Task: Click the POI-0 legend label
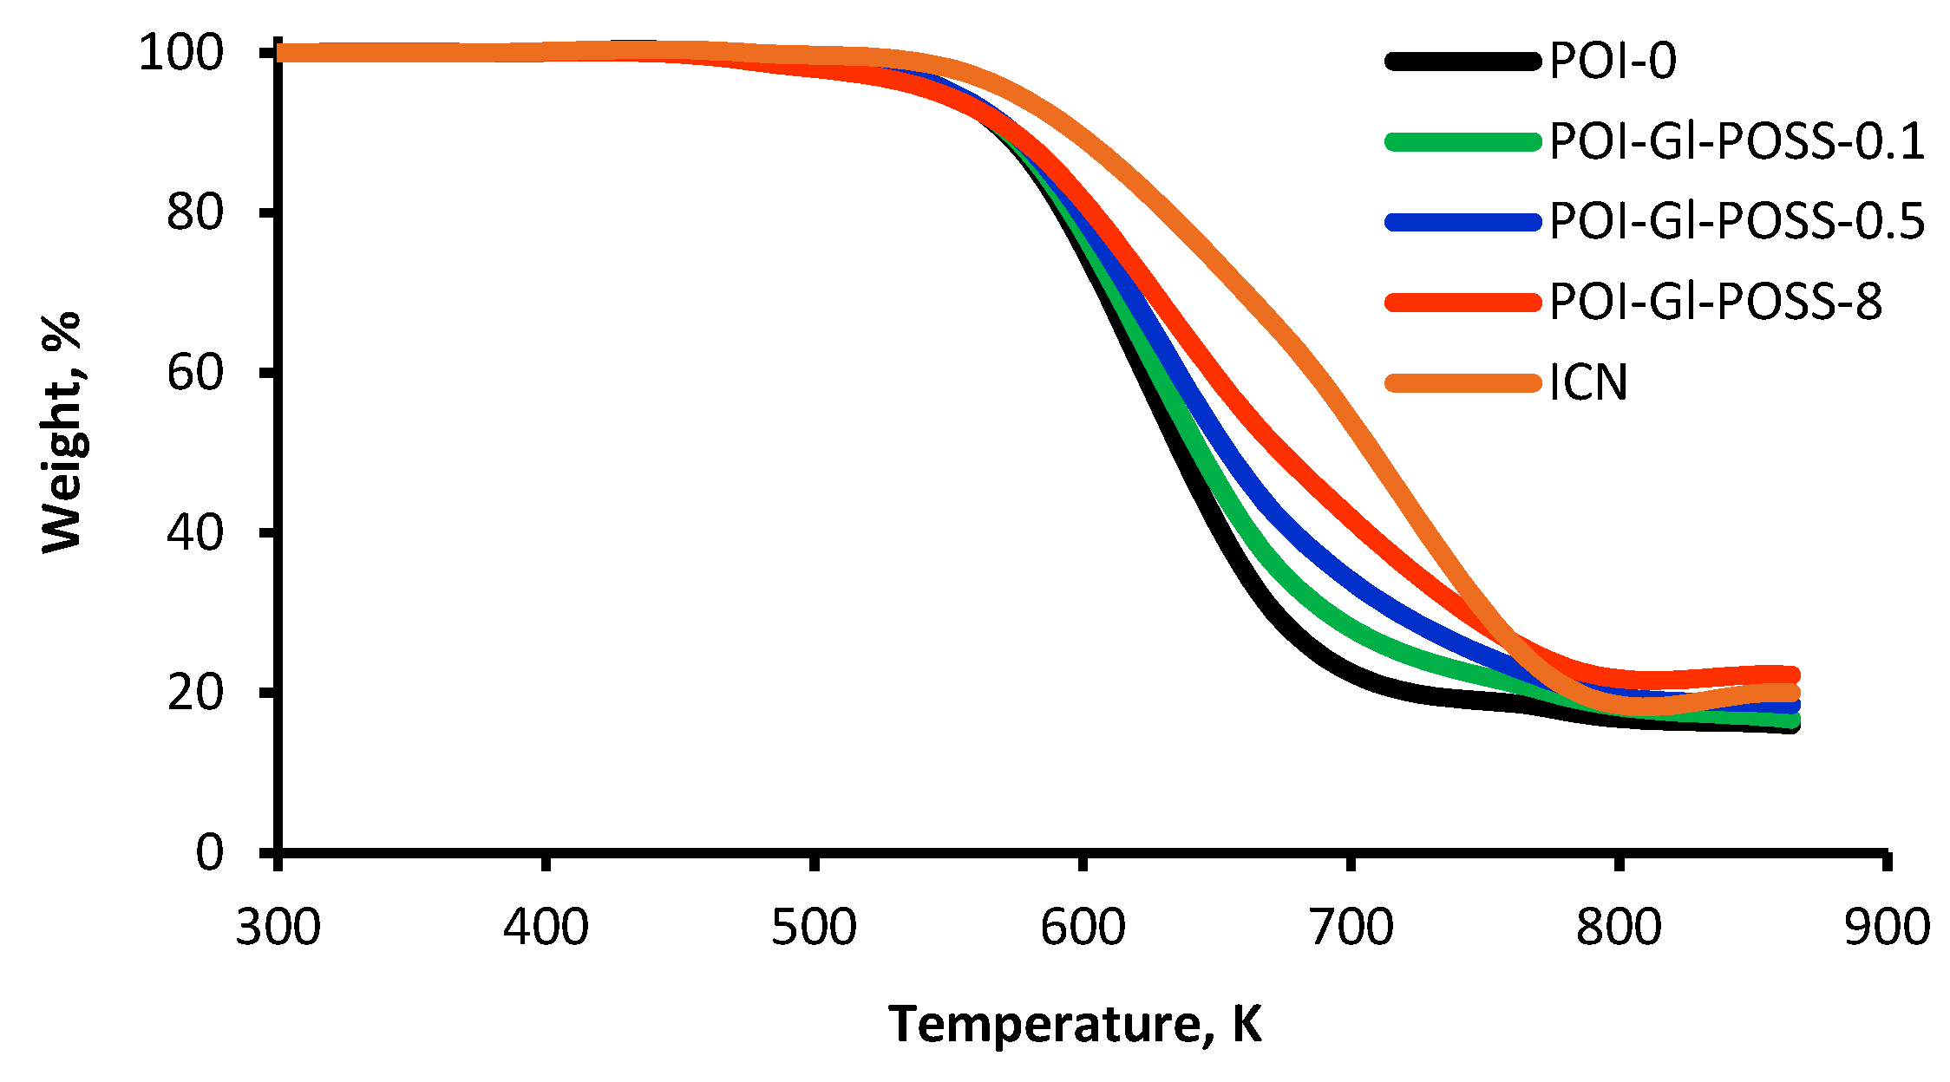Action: coord(1613,62)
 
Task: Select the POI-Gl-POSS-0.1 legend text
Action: coord(1737,141)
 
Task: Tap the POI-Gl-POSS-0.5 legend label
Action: coord(1737,221)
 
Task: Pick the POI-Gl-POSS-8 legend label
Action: coord(1715,302)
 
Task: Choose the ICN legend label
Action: coord(1588,382)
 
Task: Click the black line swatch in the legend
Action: coord(1462,62)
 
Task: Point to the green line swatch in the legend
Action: coord(1462,141)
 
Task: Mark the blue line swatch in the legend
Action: coord(1462,222)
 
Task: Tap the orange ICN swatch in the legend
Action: coord(1462,382)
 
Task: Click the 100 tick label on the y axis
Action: coord(181,53)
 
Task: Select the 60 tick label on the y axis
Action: coord(195,373)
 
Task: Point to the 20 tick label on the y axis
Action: coord(195,693)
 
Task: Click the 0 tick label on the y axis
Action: coord(209,853)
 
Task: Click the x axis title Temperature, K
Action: coord(1075,1025)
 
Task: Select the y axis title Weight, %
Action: coord(62,432)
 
